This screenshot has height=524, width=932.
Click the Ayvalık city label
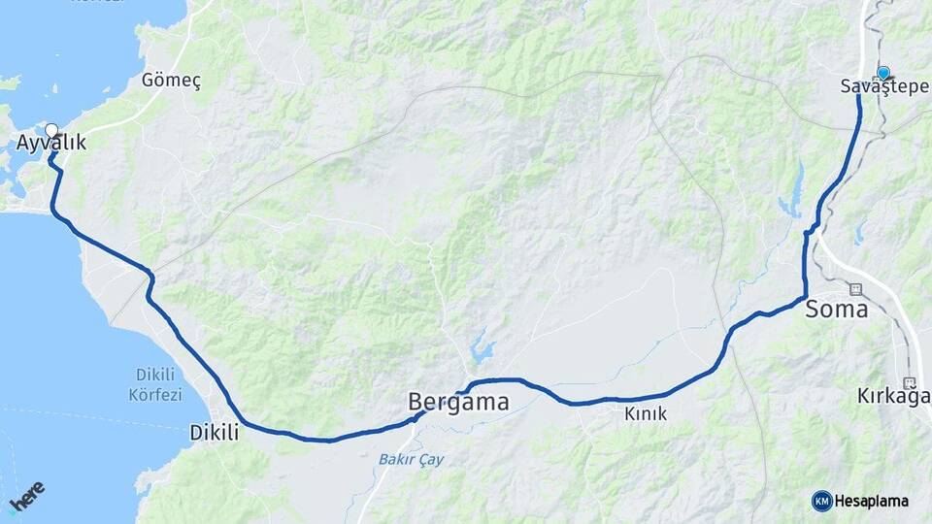(x=51, y=144)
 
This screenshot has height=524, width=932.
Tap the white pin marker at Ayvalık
(x=51, y=129)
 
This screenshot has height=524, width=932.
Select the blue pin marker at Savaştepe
(x=883, y=73)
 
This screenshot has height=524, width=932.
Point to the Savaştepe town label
(x=878, y=87)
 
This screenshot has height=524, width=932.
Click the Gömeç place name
(x=171, y=81)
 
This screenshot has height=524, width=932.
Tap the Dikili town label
(x=214, y=433)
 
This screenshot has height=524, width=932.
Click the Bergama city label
(x=458, y=402)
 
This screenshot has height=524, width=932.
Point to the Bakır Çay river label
(x=411, y=459)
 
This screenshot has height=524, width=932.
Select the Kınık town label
(x=646, y=414)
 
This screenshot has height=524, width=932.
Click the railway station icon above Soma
(x=855, y=288)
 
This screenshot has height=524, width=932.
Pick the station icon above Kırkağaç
(x=910, y=381)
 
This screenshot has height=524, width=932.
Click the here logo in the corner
(x=26, y=497)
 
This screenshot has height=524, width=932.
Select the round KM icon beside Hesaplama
(x=821, y=501)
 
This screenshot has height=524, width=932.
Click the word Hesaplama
(x=871, y=502)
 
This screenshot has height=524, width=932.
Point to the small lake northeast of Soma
(x=860, y=232)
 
